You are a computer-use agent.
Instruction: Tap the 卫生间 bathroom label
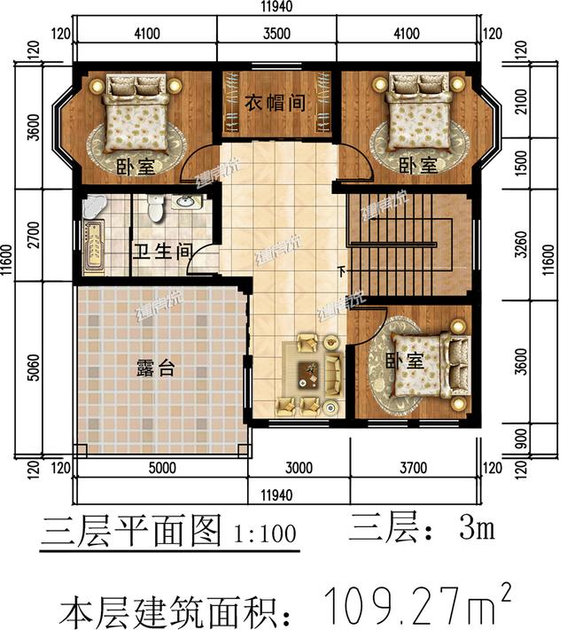[x=162, y=251]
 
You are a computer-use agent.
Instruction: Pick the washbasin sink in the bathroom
[x=187, y=202]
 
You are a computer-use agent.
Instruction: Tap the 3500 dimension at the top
[x=276, y=35]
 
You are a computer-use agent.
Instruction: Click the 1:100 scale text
[x=262, y=535]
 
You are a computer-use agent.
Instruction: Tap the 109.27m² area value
[x=416, y=605]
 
